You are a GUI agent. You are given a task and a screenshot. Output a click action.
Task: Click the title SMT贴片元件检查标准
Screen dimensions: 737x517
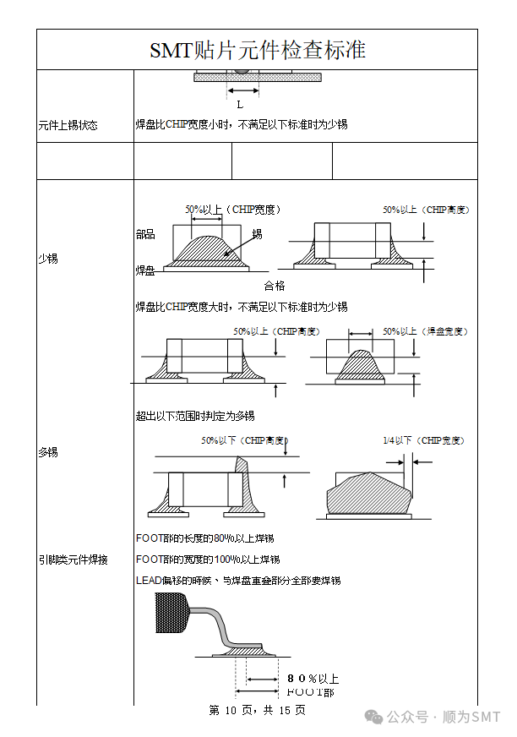[x=257, y=50]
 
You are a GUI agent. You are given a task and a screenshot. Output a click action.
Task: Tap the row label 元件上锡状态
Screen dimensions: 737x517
[x=68, y=125]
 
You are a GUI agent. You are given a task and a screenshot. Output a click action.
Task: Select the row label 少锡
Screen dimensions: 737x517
[x=47, y=259]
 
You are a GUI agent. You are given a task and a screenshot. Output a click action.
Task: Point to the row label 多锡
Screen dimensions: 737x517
[x=47, y=452]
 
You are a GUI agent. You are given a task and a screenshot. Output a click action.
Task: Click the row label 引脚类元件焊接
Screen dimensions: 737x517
[x=73, y=560]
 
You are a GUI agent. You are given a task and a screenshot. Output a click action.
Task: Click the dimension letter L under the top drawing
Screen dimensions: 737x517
[x=240, y=105]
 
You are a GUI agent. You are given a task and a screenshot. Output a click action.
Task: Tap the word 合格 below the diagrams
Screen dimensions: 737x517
[x=275, y=286]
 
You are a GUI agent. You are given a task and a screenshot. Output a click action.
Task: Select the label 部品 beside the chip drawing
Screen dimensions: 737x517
[x=145, y=234]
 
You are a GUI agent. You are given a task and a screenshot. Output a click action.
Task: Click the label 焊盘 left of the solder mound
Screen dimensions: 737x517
[x=145, y=270]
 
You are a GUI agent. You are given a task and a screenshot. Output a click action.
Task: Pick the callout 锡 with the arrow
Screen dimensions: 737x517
[x=257, y=233]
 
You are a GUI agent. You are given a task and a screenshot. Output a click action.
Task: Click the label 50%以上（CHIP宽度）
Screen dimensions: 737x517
[x=233, y=210]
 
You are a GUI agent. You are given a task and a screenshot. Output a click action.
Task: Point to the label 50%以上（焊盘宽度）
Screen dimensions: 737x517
[x=425, y=331]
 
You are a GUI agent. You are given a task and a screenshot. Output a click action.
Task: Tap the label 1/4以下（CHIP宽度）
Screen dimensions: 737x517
[x=423, y=440]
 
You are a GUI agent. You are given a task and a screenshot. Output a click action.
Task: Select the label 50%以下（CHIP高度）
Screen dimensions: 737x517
[x=243, y=440]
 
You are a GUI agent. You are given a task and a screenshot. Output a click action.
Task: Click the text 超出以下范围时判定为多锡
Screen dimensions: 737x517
[x=195, y=416]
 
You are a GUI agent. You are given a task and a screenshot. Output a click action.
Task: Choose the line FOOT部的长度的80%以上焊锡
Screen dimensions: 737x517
[x=204, y=538]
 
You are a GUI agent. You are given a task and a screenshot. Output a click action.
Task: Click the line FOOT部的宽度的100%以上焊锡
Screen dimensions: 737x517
[x=208, y=560]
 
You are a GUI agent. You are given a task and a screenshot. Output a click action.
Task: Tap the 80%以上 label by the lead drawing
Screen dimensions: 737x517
[x=313, y=679]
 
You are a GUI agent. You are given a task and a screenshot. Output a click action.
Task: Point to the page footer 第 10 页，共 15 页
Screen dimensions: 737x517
[x=257, y=711]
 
